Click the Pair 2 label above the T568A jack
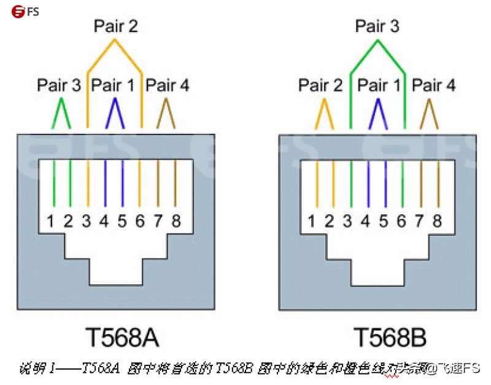pos(115,26)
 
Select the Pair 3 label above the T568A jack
pos(59,85)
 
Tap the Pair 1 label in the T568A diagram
pos(113,85)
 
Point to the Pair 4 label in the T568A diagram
pos(167,85)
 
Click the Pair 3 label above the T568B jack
pos(377,26)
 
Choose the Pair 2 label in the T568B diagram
pos(320,85)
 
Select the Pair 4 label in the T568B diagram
pos(433,85)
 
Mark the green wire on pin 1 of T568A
pos(53,184)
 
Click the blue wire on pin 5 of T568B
pos(385,184)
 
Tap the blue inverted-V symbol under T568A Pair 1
pos(114,114)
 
